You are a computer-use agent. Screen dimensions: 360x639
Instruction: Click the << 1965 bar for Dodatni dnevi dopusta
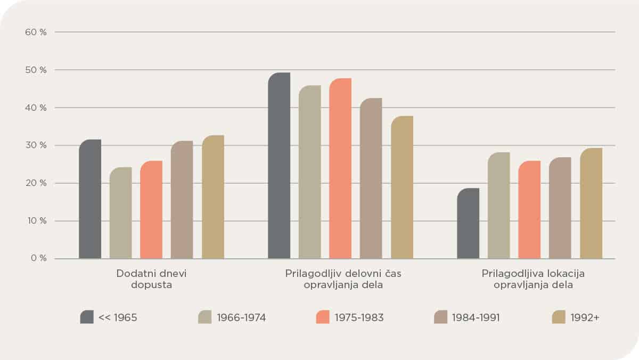(x=90, y=199)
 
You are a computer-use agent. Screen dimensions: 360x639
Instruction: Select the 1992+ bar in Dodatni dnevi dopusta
(x=213, y=197)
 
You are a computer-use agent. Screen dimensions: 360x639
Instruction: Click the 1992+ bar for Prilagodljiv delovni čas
(x=402, y=187)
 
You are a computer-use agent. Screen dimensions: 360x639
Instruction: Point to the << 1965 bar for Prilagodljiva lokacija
(x=468, y=224)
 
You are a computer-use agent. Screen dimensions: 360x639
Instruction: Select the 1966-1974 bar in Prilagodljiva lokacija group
(x=499, y=206)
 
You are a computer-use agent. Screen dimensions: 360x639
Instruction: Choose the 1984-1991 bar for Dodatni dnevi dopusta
(x=182, y=200)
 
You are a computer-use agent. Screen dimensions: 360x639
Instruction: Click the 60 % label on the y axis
(x=36, y=32)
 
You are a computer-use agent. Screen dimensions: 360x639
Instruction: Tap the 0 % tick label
(x=38, y=259)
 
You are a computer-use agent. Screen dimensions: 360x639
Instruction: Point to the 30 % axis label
(x=36, y=145)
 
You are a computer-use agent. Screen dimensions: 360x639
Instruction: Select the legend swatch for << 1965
(x=87, y=317)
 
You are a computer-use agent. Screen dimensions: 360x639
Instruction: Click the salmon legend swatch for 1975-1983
(x=323, y=317)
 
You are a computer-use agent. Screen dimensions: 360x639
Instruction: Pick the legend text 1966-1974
(x=241, y=318)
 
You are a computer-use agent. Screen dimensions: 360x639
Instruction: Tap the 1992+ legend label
(x=585, y=318)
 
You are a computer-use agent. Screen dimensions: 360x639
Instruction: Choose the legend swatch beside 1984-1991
(x=441, y=317)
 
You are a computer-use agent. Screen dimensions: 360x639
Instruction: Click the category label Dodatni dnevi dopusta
(x=152, y=279)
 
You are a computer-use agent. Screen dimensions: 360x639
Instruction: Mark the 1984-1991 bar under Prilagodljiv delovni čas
(x=371, y=178)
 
